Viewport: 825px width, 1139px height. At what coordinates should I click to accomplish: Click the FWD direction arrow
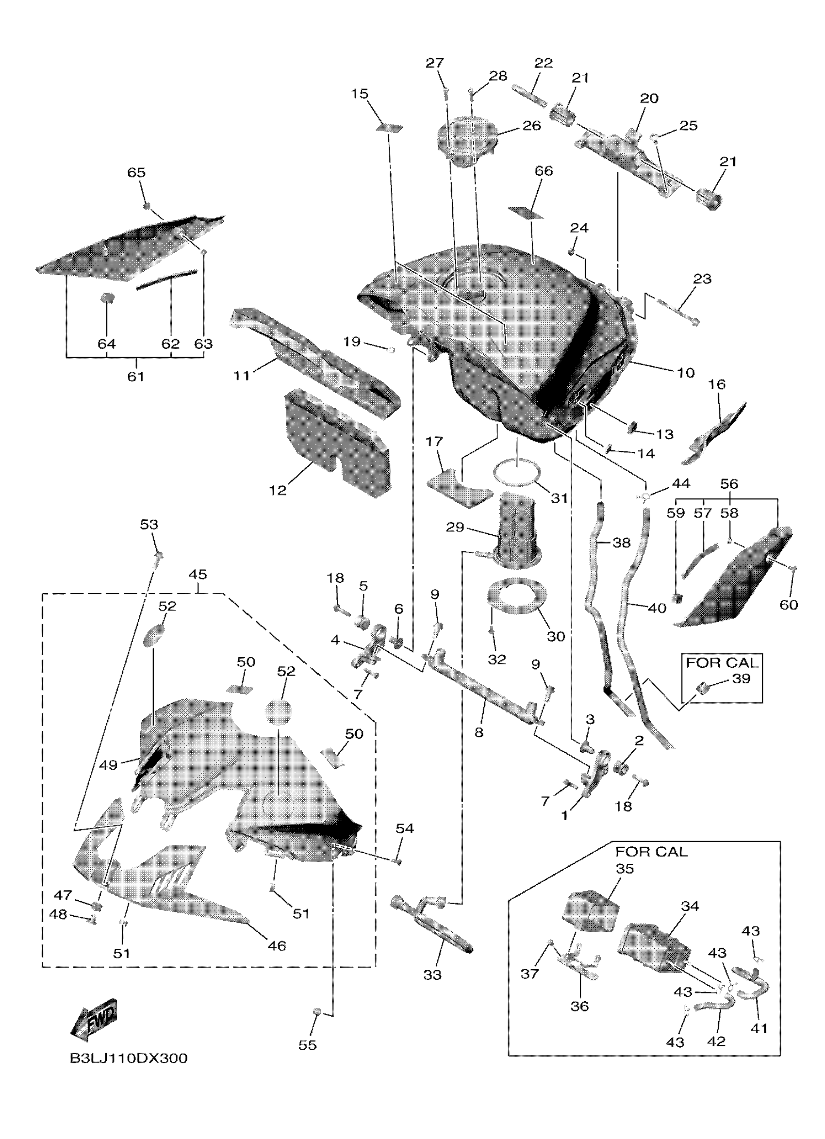click(95, 1019)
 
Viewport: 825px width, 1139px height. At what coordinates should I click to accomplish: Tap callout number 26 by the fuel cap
click(531, 125)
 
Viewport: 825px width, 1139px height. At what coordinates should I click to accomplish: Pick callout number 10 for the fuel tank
click(685, 373)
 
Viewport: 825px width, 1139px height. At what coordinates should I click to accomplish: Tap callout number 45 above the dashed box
click(198, 574)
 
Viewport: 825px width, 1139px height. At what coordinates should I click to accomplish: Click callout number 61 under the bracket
click(135, 376)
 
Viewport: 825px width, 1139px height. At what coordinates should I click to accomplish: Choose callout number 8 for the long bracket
click(478, 732)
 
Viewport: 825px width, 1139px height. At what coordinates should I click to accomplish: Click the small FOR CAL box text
click(722, 663)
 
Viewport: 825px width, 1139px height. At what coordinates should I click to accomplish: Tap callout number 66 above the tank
click(544, 171)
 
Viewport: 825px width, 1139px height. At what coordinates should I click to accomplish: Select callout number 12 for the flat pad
click(277, 490)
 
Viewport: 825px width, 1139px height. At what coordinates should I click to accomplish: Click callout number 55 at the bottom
click(307, 1045)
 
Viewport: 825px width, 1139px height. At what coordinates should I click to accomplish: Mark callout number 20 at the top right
click(649, 98)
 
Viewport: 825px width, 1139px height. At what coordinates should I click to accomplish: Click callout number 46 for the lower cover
click(276, 946)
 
